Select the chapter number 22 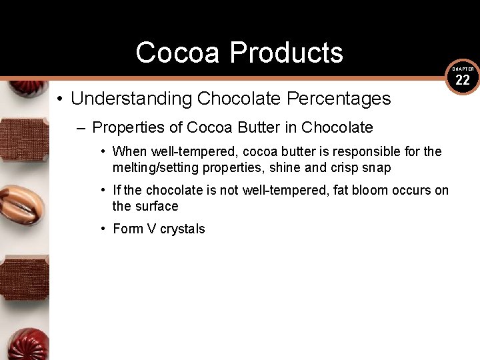coord(463,81)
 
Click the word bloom coord(364,190)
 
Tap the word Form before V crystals coord(127,229)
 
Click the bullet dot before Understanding coord(60,99)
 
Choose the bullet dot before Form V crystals coord(103,229)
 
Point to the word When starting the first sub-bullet coord(129,151)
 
